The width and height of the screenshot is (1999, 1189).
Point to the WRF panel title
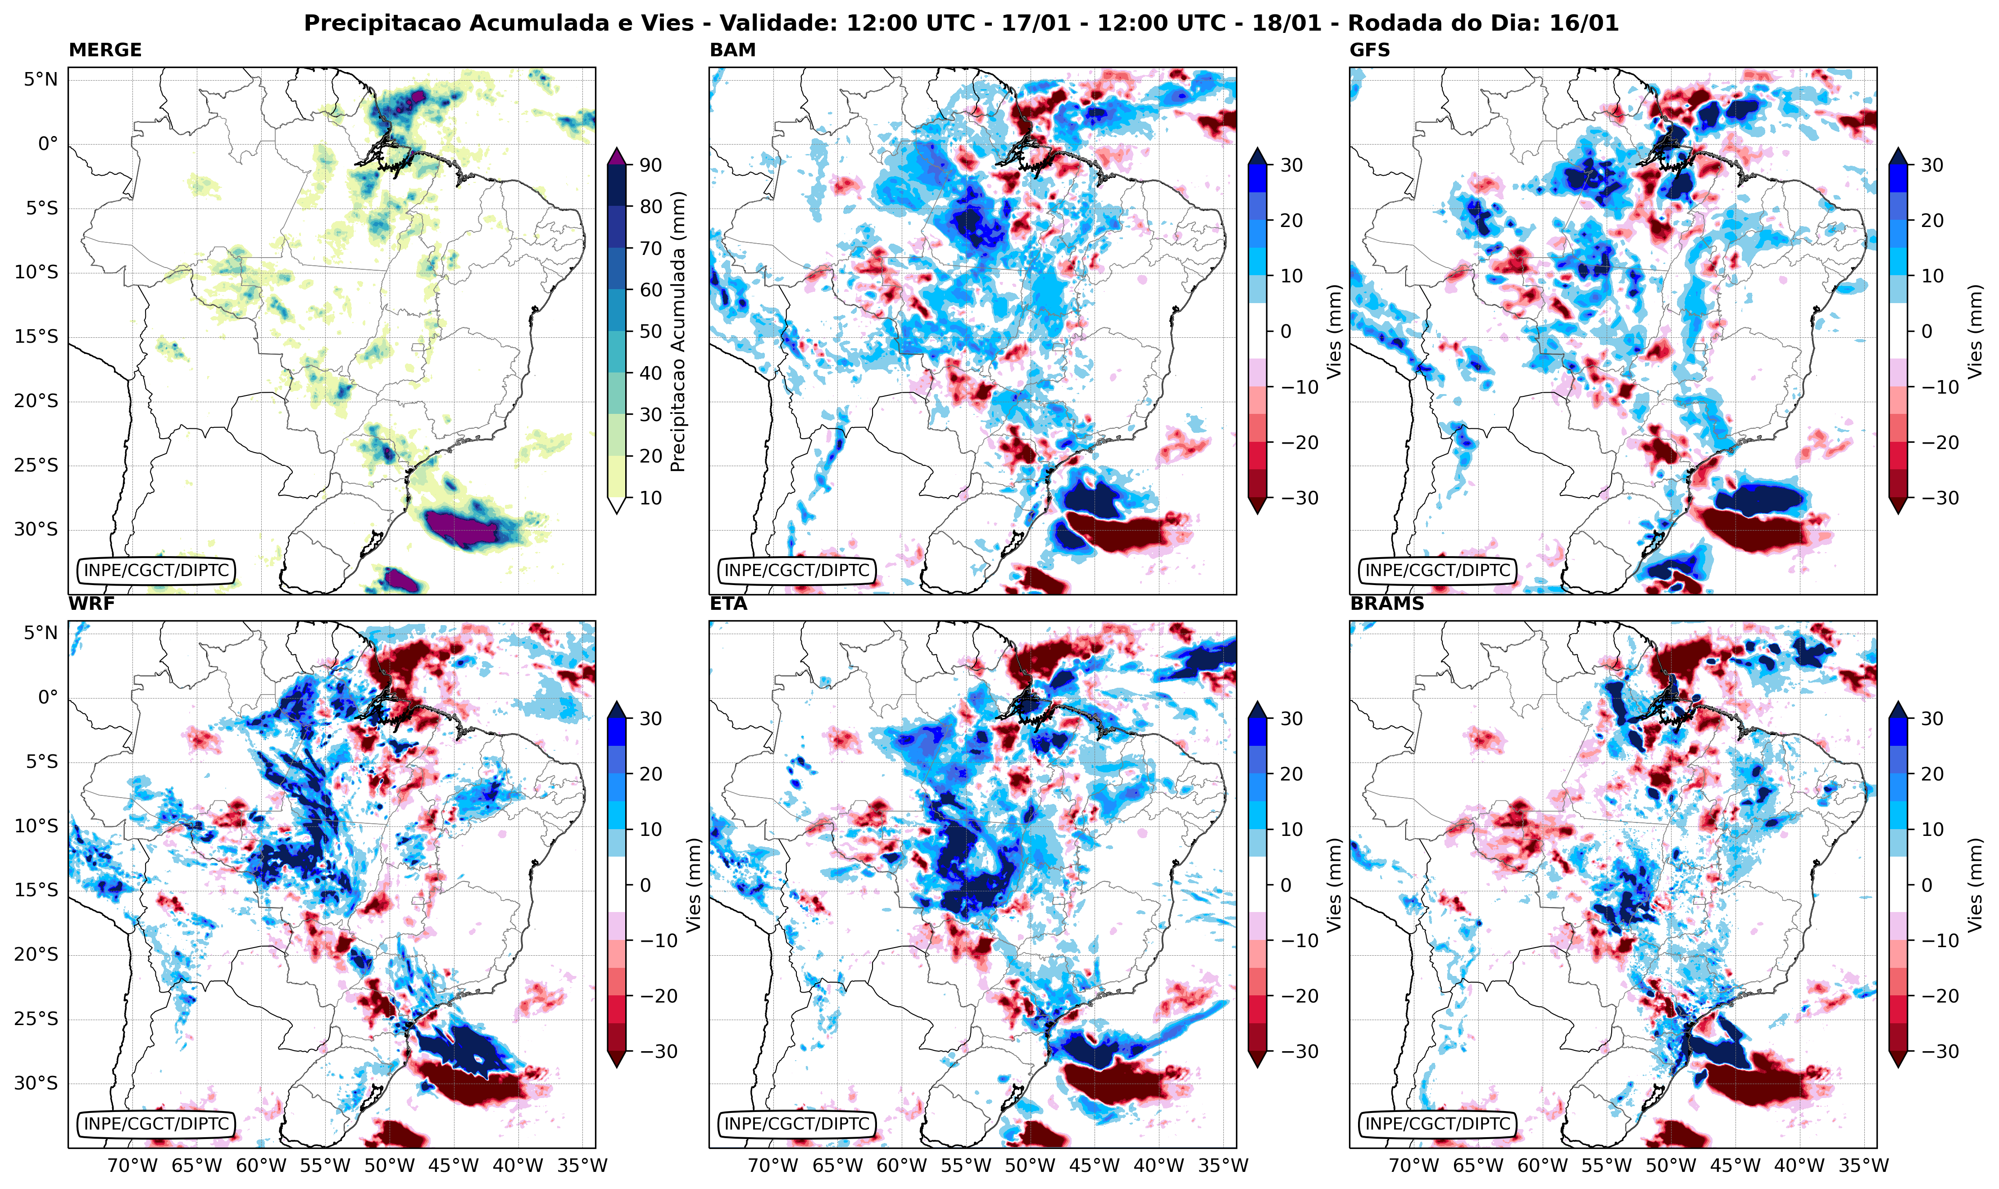[x=91, y=604]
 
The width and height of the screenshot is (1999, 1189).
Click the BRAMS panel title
[x=1387, y=604]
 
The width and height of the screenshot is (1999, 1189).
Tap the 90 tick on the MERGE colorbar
[x=650, y=165]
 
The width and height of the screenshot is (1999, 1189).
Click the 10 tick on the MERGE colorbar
[x=650, y=498]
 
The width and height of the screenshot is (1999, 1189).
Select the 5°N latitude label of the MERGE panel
[x=40, y=79]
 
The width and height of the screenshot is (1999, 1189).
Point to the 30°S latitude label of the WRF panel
[x=36, y=1083]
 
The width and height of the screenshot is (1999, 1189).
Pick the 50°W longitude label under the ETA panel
[x=1030, y=1165]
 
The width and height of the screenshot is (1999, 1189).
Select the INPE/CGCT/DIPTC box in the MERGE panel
[x=156, y=571]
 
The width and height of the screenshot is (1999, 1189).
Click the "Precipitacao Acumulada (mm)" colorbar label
[x=678, y=331]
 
